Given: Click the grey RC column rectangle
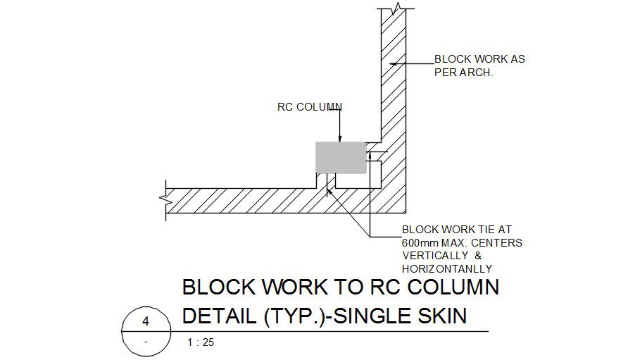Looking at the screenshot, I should [341, 158].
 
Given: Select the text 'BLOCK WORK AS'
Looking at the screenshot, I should [479, 60].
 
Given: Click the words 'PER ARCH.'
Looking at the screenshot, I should [463, 72].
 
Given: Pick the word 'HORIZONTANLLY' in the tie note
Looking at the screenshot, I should [446, 268].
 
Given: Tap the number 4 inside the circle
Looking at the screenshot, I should [146, 321].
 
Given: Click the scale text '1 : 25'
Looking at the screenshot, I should [201, 343].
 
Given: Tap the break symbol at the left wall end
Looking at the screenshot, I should [168, 199].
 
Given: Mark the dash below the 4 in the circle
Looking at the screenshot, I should [146, 341].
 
